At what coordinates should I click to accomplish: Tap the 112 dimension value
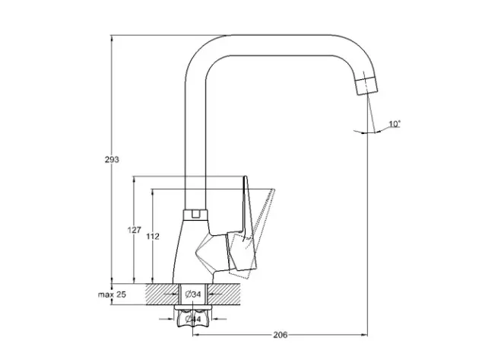coord(153,237)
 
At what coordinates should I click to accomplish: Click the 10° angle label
coord(394,123)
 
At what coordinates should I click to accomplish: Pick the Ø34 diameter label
coord(192,294)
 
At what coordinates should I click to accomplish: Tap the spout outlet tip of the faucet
coord(367,84)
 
